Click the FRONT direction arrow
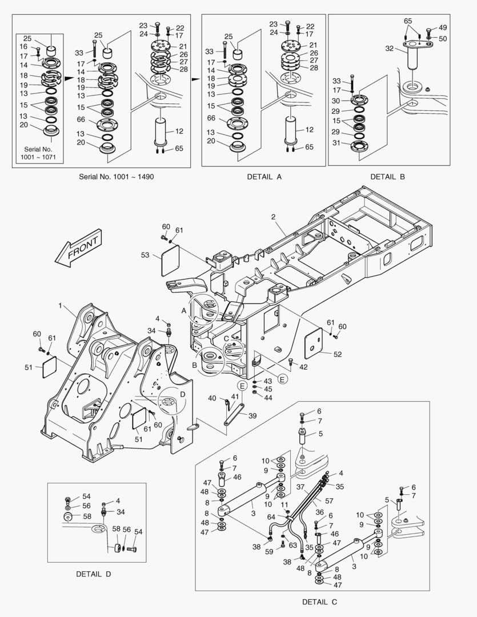[x=79, y=247]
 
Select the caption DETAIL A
[x=264, y=177]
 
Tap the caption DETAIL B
[x=387, y=177]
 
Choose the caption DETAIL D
[x=93, y=574]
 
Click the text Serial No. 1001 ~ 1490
[x=116, y=177]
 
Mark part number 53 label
[x=145, y=255]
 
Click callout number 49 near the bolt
[x=443, y=28]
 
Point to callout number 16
[x=24, y=46]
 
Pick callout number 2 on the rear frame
[x=274, y=217]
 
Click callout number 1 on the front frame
[x=60, y=306]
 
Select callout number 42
[x=303, y=367]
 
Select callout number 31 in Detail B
[x=336, y=143]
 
